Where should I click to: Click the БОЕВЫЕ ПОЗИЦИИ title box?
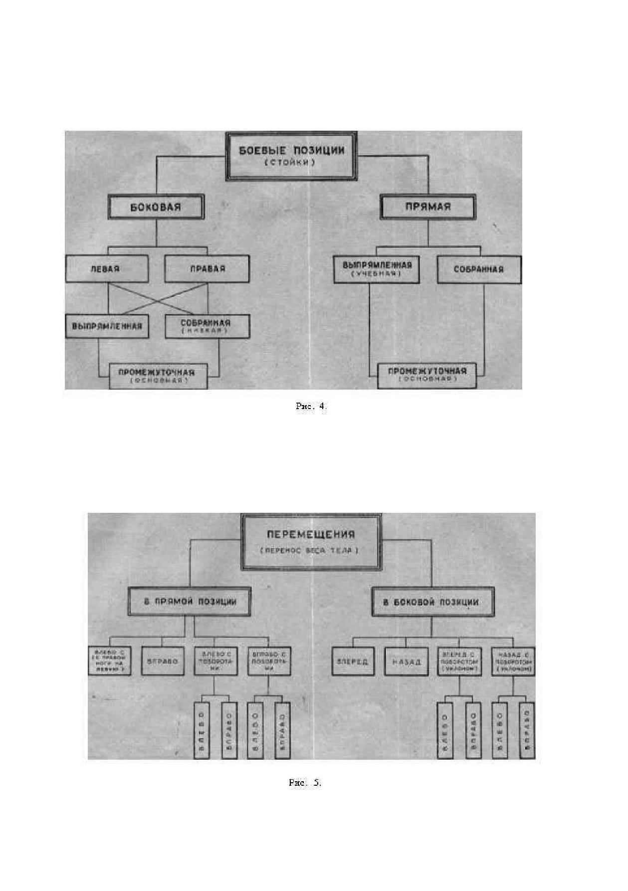click(291, 155)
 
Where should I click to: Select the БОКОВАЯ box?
click(156, 207)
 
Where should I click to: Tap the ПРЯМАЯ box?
click(427, 207)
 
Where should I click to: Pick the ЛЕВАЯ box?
click(106, 269)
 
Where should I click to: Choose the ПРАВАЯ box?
click(207, 269)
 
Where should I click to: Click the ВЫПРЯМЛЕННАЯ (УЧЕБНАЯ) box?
click(377, 269)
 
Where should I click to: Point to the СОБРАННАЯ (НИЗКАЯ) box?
click(207, 326)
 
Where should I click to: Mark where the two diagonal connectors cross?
click(157, 298)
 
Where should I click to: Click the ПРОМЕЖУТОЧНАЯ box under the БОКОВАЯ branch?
click(158, 376)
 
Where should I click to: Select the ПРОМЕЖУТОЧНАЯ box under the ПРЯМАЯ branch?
click(427, 375)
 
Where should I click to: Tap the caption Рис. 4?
click(311, 406)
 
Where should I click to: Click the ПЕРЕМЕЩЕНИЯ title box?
click(310, 541)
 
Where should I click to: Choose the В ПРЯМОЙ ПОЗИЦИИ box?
click(190, 602)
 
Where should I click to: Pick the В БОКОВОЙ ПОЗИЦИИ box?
click(431, 602)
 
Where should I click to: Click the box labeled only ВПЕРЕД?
click(353, 662)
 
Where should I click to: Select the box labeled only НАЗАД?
click(406, 662)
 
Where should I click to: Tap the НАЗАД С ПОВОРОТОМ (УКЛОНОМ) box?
click(513, 662)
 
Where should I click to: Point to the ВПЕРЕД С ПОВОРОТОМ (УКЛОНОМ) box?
click(459, 662)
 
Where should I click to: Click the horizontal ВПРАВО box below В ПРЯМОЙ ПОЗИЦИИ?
click(163, 662)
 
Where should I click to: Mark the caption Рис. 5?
click(305, 783)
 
